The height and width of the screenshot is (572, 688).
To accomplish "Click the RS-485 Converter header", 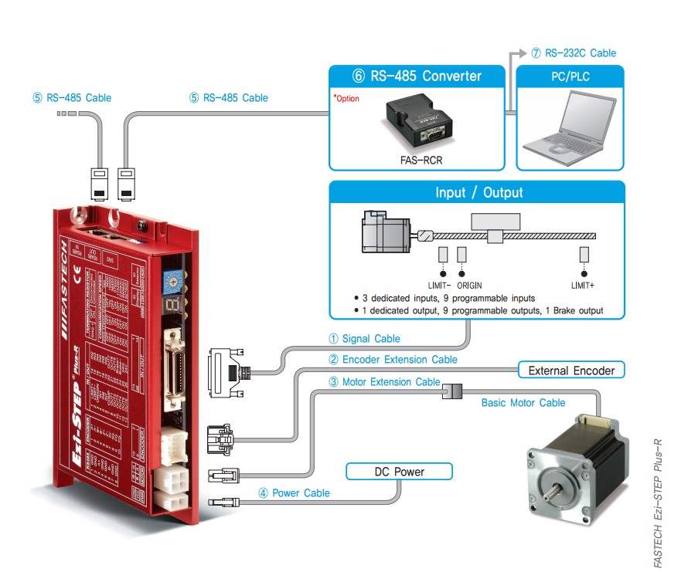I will coord(417,76).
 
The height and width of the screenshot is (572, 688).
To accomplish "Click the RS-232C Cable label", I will coord(574,53).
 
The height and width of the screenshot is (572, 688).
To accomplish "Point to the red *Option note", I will coord(346,99).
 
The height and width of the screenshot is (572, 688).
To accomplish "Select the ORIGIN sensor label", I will coord(466,286).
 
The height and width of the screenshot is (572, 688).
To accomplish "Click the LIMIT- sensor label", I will coord(438,286).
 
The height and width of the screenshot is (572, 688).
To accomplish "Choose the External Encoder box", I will coord(570,371).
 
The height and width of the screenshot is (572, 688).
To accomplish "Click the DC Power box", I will coord(399,471).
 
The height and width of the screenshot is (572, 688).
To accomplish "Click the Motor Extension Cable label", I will coord(383,381).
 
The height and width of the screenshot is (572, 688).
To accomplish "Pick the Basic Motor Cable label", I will coord(523,402).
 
